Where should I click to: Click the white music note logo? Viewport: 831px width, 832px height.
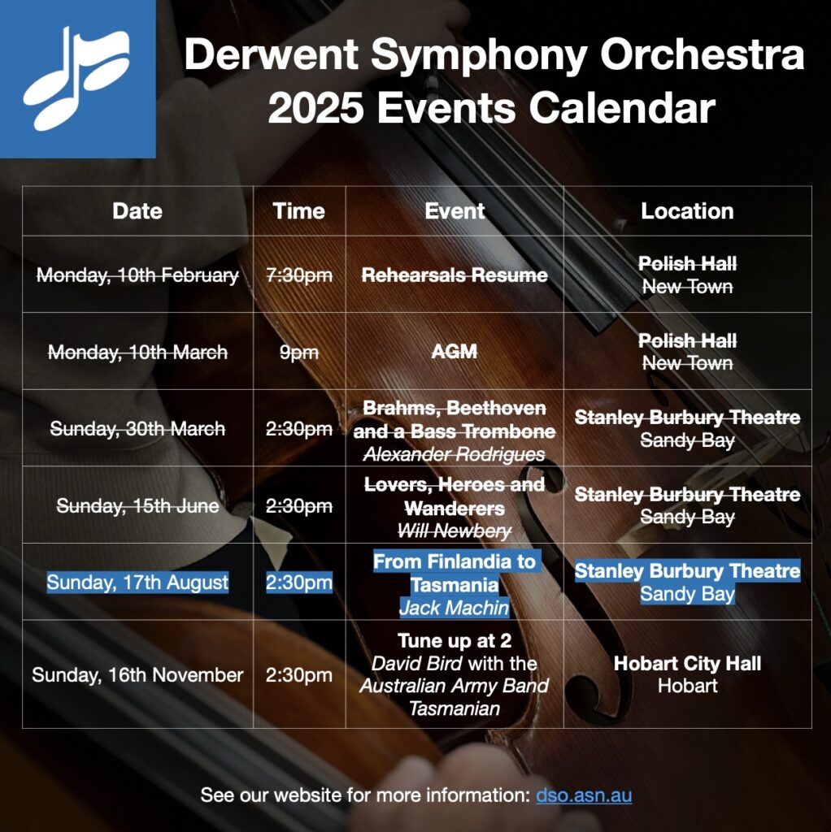76,79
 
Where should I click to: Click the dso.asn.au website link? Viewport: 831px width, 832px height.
584,795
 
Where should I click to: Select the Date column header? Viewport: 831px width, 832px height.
137,211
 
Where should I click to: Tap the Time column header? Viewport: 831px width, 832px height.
299,211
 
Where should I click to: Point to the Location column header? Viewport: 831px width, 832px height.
687,211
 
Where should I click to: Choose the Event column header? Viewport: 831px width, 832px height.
455,211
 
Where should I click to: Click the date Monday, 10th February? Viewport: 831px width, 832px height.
137,275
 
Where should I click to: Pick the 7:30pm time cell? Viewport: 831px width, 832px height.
299,275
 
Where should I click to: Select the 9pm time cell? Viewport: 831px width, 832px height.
299,353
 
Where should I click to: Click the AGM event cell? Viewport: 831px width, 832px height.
455,351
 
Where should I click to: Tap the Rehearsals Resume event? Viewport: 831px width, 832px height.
455,275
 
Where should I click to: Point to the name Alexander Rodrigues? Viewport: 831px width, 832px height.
455,454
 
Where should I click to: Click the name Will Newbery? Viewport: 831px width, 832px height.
455,531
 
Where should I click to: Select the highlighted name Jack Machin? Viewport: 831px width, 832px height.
455,608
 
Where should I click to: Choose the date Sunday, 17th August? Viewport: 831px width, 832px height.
137,583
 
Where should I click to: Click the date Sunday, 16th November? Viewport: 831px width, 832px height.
137,675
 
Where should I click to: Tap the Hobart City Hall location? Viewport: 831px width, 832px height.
687,663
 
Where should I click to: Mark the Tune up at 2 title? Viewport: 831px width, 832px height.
455,641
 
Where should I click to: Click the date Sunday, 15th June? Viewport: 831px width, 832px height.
137,505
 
